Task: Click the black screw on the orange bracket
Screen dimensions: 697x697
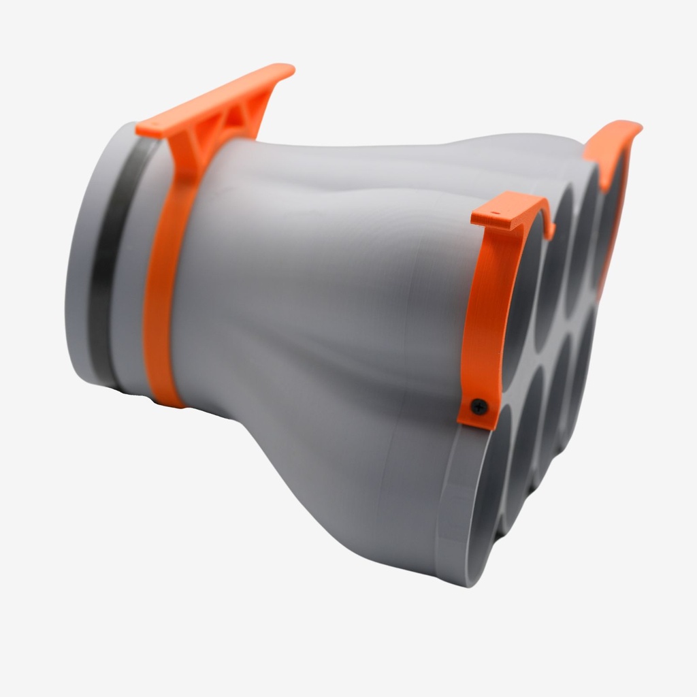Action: [480, 407]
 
